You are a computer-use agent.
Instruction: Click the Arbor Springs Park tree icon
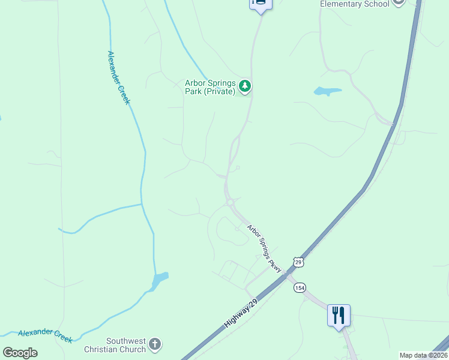[x=244, y=86]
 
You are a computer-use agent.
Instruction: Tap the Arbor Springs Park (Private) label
[x=210, y=87]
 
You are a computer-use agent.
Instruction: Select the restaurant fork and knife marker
[x=339, y=314]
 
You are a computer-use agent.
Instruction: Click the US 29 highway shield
[x=298, y=262]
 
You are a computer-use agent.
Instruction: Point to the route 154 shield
[x=300, y=288]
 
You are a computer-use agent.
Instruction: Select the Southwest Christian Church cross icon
[x=155, y=344]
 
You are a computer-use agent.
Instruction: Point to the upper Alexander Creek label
[x=118, y=77]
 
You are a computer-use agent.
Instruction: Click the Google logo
[x=20, y=352]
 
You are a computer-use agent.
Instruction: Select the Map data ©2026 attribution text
[x=423, y=355]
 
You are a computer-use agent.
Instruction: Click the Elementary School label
[x=354, y=4]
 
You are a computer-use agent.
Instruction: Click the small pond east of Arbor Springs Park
[x=327, y=92]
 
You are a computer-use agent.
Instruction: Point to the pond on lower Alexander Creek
[x=160, y=280]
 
